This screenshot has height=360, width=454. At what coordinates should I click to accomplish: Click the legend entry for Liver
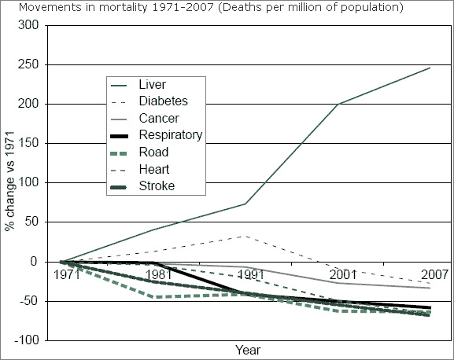tap(152, 84)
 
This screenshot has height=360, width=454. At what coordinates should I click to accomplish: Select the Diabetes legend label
tap(162, 101)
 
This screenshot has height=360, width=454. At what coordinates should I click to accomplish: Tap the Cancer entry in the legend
tap(157, 118)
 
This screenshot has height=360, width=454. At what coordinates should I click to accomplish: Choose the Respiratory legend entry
tap(170, 135)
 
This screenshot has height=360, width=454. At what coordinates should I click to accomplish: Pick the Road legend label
tap(152, 152)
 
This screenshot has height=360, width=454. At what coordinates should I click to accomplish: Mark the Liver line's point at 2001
tap(338, 104)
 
